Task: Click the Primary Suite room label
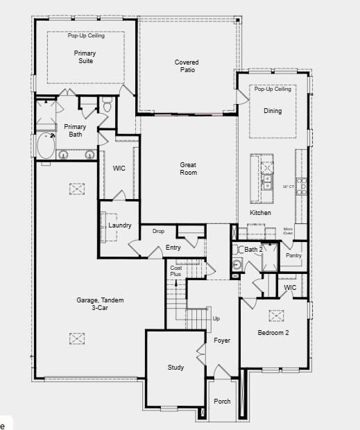point(85,57)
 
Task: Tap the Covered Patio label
point(186,66)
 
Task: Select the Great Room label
point(188,169)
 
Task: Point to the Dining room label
point(273,111)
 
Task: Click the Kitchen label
point(260,212)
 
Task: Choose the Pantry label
point(294,255)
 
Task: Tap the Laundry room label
point(120,225)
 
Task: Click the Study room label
point(175,367)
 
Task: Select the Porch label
point(222,401)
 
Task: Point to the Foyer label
point(222,341)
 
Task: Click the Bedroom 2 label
point(273,333)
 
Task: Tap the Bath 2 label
point(253,249)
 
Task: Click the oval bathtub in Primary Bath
point(47,146)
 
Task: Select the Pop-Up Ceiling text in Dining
point(273,89)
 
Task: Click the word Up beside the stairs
point(216,318)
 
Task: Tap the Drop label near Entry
point(158,231)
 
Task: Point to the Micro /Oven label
point(289,231)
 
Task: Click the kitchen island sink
point(267,182)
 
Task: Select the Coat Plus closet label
point(176,271)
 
